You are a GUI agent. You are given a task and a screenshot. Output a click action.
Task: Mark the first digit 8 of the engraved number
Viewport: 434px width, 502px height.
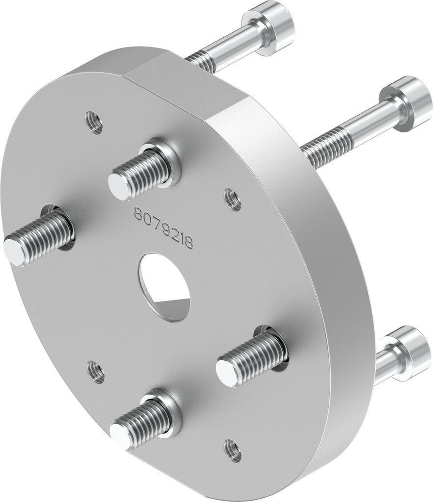pyautogui.click(x=138, y=214)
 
